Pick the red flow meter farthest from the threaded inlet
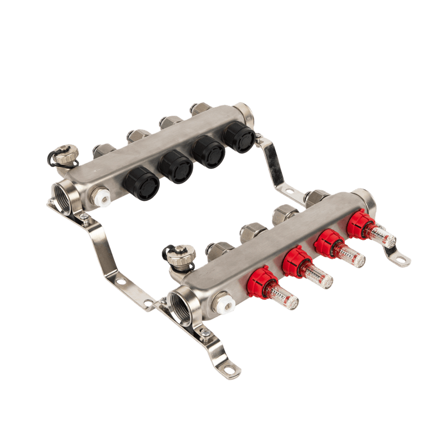(x=360, y=222)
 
